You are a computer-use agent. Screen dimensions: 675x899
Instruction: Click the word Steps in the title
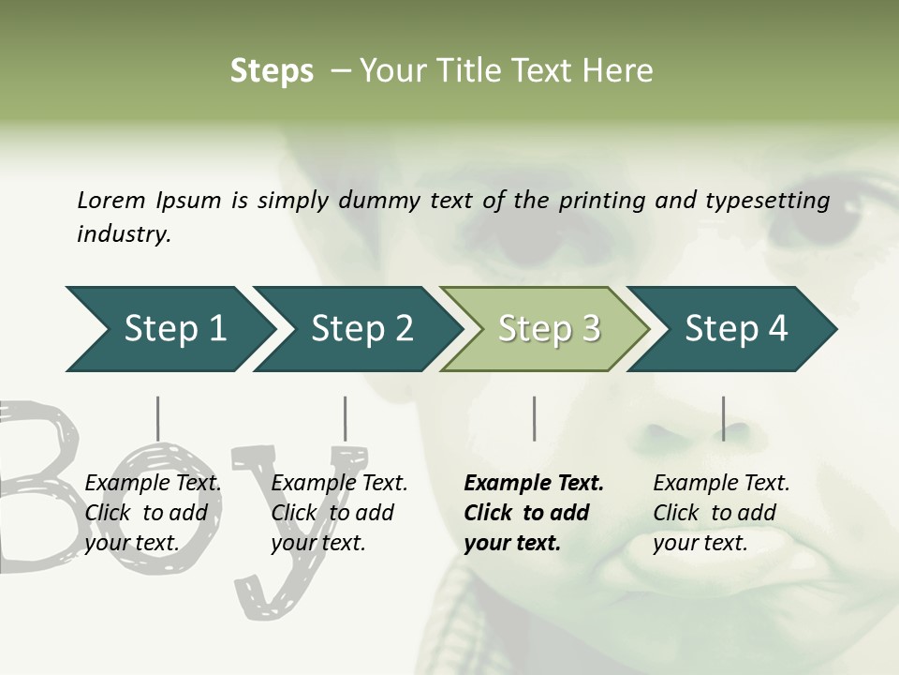click(x=272, y=71)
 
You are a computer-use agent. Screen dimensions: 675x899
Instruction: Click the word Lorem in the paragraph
click(x=111, y=200)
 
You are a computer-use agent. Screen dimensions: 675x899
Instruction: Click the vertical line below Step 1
click(x=157, y=418)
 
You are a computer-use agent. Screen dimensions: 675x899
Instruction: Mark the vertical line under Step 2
click(x=345, y=418)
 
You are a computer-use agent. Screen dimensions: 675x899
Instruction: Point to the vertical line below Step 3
click(x=534, y=418)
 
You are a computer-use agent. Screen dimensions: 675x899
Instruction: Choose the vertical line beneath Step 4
click(x=722, y=418)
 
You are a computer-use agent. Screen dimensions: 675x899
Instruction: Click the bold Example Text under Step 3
click(x=534, y=484)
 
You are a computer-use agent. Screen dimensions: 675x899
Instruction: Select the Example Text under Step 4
click(x=721, y=484)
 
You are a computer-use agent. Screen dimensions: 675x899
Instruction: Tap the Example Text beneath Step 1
click(x=153, y=484)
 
